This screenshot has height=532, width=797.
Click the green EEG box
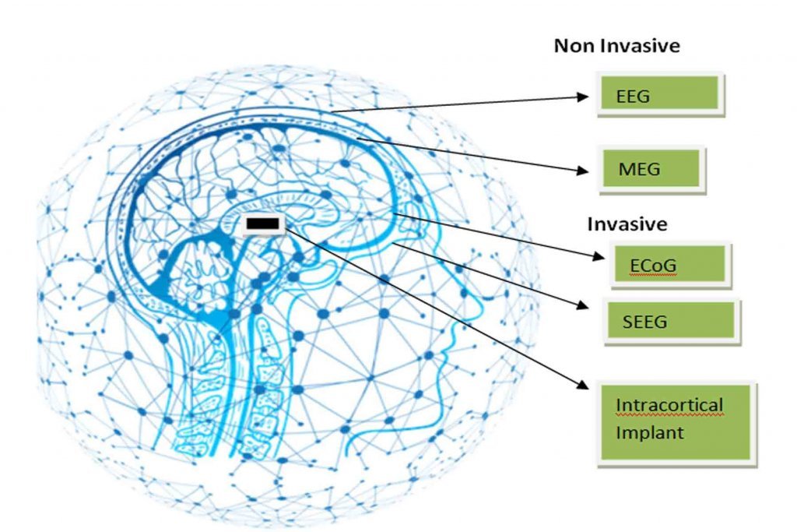tap(660, 95)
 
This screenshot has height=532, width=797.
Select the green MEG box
tap(652, 168)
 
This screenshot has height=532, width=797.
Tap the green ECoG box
tap(671, 266)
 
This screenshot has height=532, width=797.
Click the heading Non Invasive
tap(616, 46)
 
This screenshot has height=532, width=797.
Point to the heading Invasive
tap(627, 224)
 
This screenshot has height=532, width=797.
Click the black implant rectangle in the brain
tap(263, 225)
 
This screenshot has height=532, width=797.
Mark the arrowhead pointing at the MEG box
tap(581, 169)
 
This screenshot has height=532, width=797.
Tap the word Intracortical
tap(669, 406)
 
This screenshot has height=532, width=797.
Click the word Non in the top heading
tap(569, 46)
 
